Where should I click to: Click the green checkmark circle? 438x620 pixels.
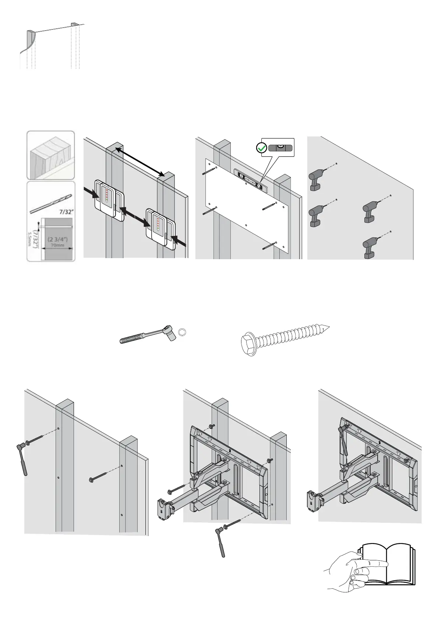[x=261, y=148]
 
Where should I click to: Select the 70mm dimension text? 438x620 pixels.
[x=57, y=244]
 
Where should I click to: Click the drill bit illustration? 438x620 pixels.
[x=51, y=203]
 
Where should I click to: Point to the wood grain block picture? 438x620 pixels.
[x=51, y=155]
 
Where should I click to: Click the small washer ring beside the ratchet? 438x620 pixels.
[x=181, y=333]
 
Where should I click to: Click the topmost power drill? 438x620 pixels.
[x=316, y=180]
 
